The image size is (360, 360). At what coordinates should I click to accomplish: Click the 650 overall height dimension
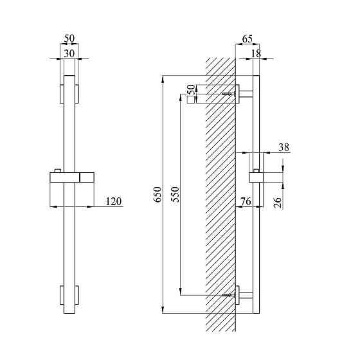tap(157, 194)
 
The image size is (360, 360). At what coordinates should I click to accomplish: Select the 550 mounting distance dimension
tap(175, 194)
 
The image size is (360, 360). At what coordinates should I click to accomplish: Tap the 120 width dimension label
tap(113, 201)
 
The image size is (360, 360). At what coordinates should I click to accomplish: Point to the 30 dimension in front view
tap(69, 53)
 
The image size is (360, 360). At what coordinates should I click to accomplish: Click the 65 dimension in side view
tap(247, 39)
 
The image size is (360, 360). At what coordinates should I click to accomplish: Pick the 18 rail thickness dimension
tap(256, 53)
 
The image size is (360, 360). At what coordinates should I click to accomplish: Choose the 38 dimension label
tap(283, 147)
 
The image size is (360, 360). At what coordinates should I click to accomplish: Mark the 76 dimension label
tap(246, 201)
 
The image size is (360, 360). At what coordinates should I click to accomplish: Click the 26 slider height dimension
tap(278, 202)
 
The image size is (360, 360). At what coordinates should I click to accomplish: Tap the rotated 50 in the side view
tap(192, 89)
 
